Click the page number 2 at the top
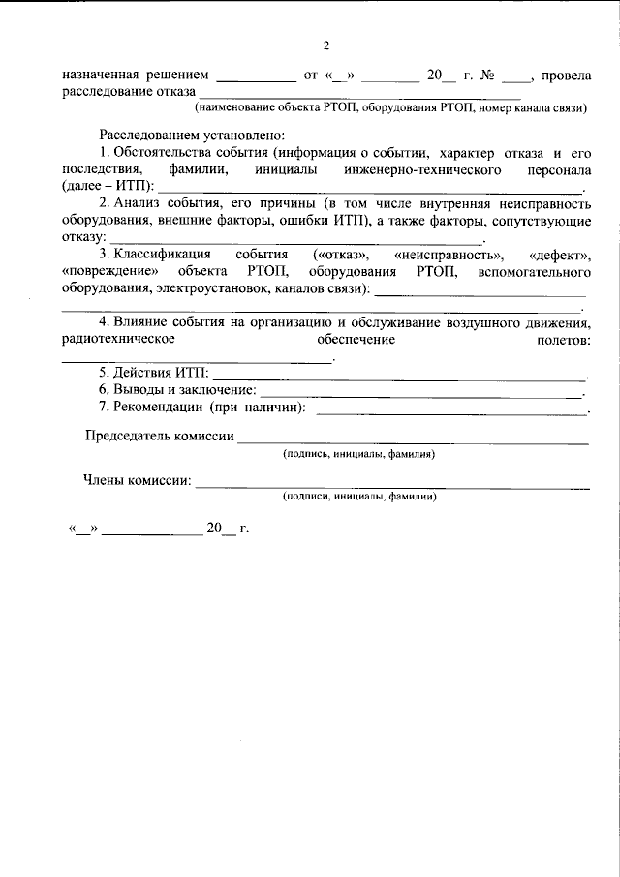pos(326,45)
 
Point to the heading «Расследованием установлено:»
pos(192,136)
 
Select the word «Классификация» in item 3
pos(160,254)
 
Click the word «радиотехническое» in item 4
pos(117,340)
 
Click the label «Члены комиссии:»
pos(137,480)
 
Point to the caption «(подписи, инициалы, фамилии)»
pos(359,497)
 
